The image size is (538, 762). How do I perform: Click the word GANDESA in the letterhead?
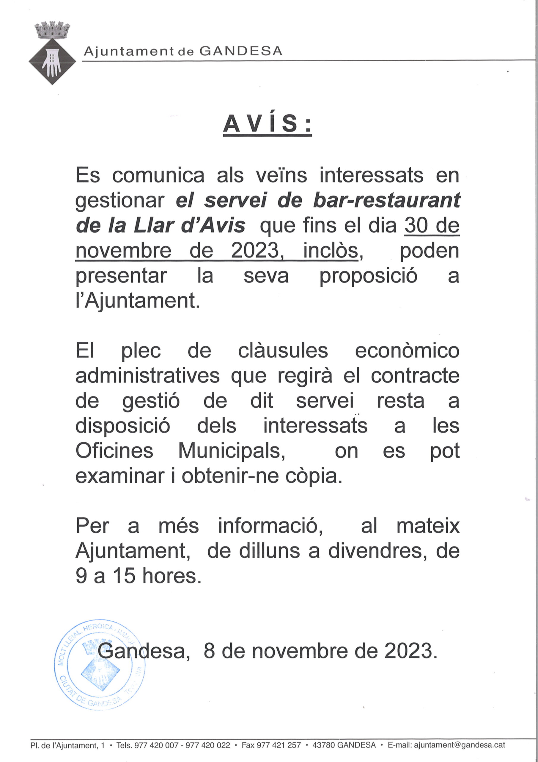coord(241,51)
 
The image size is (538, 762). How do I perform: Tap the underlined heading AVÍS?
coord(267,124)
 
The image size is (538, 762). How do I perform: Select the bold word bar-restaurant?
coord(386,200)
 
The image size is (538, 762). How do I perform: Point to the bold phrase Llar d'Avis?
coord(189,226)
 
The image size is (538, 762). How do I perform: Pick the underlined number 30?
coord(417,226)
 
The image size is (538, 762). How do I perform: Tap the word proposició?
coord(368,276)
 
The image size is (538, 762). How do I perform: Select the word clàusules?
coord(283,351)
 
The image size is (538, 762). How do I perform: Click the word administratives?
coord(147,376)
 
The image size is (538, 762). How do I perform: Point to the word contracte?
coord(415,376)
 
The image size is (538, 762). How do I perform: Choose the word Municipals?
coord(231,451)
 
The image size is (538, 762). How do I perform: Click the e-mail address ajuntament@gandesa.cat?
coord(459,745)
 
